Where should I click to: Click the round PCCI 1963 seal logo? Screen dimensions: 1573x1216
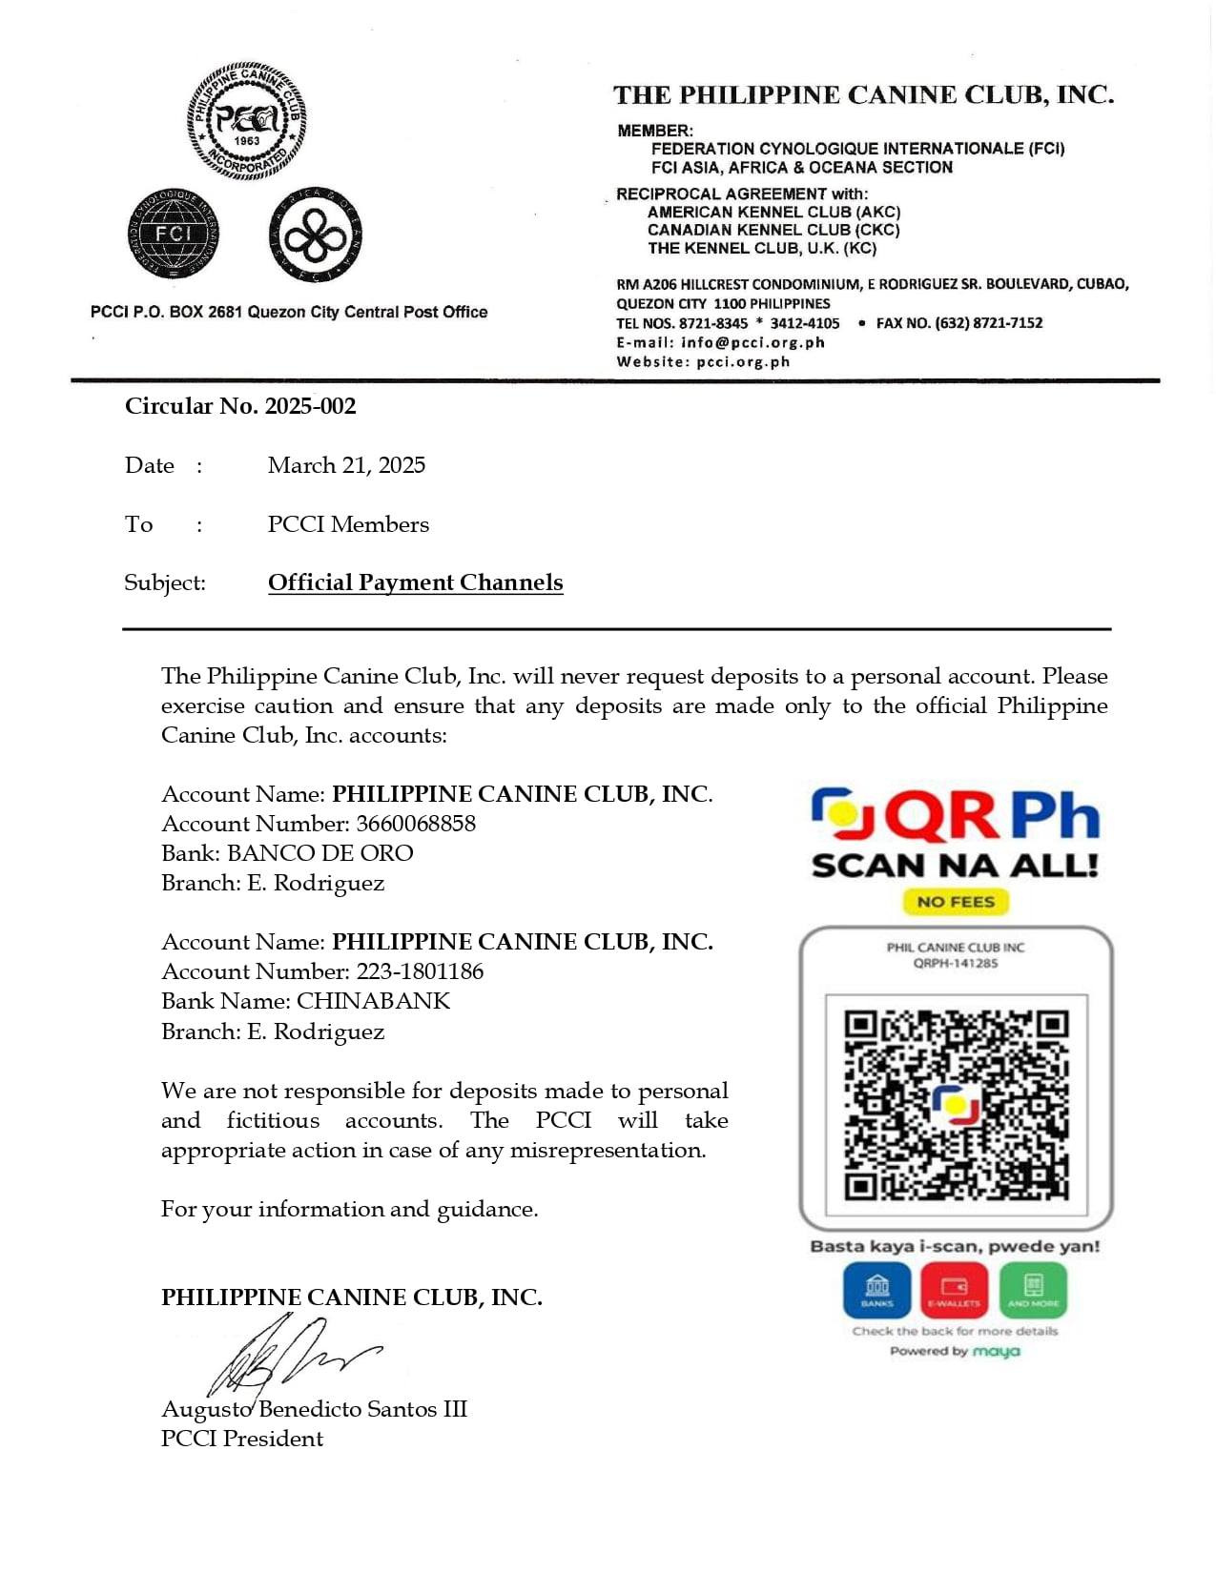tap(246, 121)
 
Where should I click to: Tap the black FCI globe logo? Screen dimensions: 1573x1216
tap(173, 235)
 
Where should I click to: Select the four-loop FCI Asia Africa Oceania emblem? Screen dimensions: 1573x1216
tap(315, 235)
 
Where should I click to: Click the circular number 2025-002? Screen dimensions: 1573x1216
tap(310, 406)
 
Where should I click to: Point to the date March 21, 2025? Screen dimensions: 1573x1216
tap(346, 465)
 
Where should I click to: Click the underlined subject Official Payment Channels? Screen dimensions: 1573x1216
tap(415, 582)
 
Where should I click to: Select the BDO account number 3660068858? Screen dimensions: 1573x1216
tap(416, 824)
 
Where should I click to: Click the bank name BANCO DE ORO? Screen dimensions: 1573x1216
tap(320, 853)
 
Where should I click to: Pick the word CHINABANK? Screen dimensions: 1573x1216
tap(373, 1001)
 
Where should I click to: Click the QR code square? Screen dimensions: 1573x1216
tap(956, 1105)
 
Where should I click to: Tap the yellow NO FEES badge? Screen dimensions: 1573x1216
tap(956, 902)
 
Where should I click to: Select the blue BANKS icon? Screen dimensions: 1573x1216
tap(876, 1290)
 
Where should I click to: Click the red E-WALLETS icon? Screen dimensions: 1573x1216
tap(955, 1290)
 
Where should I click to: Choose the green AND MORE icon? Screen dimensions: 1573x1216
tap(1033, 1290)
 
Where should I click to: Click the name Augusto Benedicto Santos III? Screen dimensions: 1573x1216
tap(314, 1409)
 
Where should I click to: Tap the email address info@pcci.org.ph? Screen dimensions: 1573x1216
tap(752, 342)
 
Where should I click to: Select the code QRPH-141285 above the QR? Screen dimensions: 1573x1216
tap(956, 964)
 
